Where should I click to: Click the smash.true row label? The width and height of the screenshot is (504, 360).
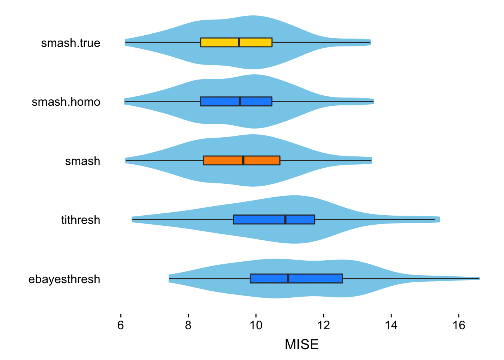pyautogui.click(x=70, y=43)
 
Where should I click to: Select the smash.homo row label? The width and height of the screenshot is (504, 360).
pyautogui.click(x=66, y=102)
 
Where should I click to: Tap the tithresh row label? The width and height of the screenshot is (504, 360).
pyautogui.click(x=81, y=220)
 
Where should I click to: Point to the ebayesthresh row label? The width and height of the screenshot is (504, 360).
pyautogui.click(x=64, y=279)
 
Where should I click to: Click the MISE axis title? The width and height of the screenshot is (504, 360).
pyautogui.click(x=301, y=344)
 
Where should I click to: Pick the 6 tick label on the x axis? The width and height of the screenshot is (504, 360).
pyautogui.click(x=120, y=325)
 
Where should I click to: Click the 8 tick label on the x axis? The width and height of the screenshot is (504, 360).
pyautogui.click(x=188, y=325)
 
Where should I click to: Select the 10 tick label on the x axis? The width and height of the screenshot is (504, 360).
pyautogui.click(x=256, y=325)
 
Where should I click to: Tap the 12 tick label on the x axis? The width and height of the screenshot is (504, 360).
pyautogui.click(x=324, y=325)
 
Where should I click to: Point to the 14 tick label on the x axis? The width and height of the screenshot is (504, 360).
pyautogui.click(x=391, y=325)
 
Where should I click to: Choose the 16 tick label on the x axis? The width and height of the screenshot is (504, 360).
pyautogui.click(x=459, y=325)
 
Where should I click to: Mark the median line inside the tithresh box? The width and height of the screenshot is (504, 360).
pyautogui.click(x=285, y=219)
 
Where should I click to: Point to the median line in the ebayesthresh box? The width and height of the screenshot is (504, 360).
pyautogui.click(x=288, y=279)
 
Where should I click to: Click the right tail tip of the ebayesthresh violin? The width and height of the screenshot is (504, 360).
pyautogui.click(x=478, y=279)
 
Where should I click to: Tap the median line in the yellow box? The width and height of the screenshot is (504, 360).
pyautogui.click(x=239, y=42)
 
